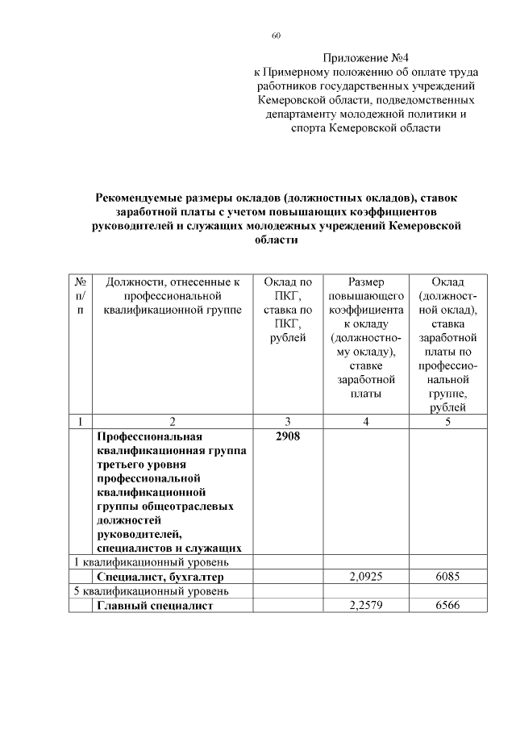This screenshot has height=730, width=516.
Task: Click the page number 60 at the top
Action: click(276, 35)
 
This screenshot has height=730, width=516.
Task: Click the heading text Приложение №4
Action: click(366, 58)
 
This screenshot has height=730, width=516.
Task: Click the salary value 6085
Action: click(447, 578)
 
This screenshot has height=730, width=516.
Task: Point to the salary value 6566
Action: click(447, 607)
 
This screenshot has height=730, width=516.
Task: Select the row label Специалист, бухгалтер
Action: click(159, 578)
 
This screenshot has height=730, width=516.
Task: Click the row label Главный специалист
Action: click(154, 607)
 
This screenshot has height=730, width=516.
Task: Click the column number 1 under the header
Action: click(80, 421)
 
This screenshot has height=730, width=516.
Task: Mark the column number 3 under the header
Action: click(287, 421)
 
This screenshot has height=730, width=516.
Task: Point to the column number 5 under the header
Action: click(447, 421)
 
